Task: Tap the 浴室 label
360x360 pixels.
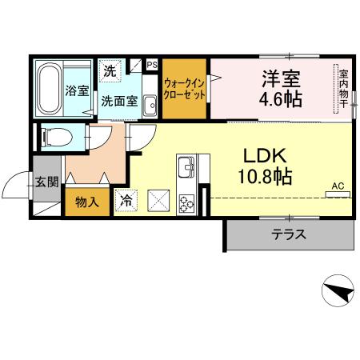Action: tap(77, 90)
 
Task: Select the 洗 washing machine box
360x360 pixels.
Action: tap(109, 70)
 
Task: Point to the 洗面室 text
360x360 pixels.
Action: tap(119, 102)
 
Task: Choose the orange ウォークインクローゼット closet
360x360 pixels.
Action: tap(185, 88)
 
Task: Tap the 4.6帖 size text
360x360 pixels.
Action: tap(279, 102)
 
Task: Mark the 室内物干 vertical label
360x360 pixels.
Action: tap(342, 87)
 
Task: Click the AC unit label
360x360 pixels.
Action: tap(338, 186)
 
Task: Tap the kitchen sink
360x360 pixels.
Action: tap(186, 169)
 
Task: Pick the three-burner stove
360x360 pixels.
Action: tap(187, 202)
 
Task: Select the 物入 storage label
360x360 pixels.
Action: tap(87, 201)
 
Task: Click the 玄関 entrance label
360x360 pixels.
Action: tap(46, 182)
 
